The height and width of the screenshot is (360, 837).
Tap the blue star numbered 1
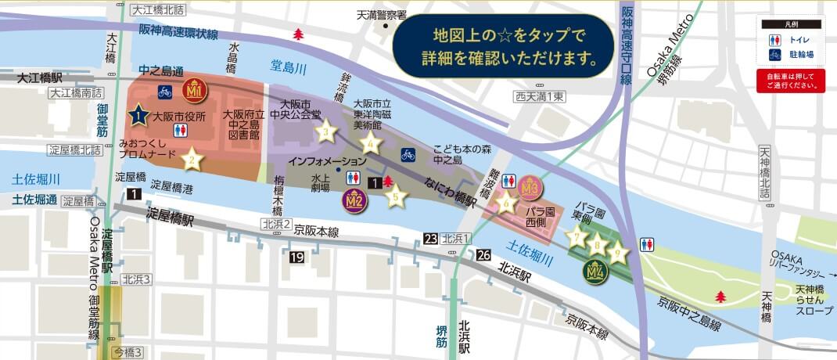pos(138,116)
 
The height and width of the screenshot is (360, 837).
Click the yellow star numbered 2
pos(191,161)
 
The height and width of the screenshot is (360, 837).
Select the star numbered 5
pos(397,195)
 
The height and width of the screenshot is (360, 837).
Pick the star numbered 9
pos(618,252)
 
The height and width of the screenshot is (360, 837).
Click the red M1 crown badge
pos(194,90)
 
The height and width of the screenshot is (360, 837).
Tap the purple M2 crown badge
pos(354,200)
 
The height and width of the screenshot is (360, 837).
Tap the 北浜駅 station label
pos(514,277)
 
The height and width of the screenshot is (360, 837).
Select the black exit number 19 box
pos(296,257)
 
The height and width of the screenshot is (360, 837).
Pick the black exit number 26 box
pos(483,254)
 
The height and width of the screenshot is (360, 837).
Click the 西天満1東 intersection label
pos(539,96)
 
